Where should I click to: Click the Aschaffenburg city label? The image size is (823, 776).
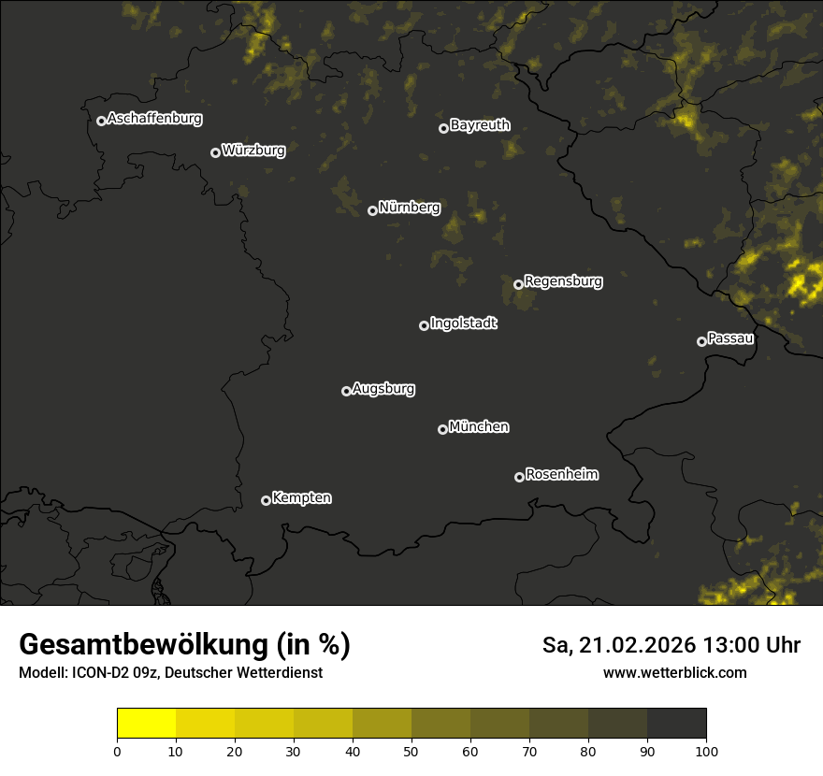pyautogui.click(x=154, y=119)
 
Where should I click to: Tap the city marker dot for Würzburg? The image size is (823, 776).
pyautogui.click(x=215, y=152)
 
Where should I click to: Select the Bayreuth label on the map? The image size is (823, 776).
pyautogui.click(x=480, y=125)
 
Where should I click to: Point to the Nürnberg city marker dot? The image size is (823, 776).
pyautogui.click(x=372, y=210)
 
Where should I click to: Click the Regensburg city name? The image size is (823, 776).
pyautogui.click(x=563, y=280)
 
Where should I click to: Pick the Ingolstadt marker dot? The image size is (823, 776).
pyautogui.click(x=424, y=325)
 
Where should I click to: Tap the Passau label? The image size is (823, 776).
pyautogui.click(x=730, y=338)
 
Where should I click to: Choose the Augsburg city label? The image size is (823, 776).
pyautogui.click(x=383, y=389)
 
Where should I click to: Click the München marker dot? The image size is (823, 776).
pyautogui.click(x=442, y=429)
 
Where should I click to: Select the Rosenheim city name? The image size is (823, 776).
pyautogui.click(x=561, y=475)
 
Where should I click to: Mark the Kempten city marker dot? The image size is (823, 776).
pyautogui.click(x=266, y=500)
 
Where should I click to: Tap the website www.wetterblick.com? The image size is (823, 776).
pyautogui.click(x=674, y=672)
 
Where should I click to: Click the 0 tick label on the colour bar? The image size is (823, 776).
pyautogui.click(x=117, y=751)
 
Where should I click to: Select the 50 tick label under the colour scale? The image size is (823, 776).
pyautogui.click(x=411, y=751)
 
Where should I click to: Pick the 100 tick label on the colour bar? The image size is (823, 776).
pyautogui.click(x=706, y=751)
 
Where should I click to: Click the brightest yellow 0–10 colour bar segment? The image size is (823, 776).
pyautogui.click(x=146, y=724)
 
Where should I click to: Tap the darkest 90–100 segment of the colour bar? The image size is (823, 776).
pyautogui.click(x=676, y=724)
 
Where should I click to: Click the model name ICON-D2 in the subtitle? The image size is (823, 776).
pyautogui.click(x=102, y=673)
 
